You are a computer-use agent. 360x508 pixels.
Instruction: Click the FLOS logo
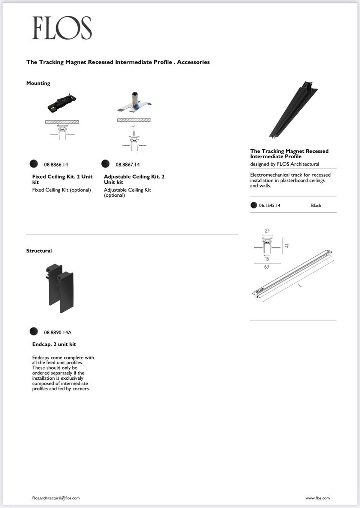coord(62,28)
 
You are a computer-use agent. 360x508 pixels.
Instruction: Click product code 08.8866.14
coord(56,165)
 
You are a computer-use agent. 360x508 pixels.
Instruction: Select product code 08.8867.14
coord(127,165)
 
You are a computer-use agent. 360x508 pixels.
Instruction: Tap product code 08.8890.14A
coord(57,332)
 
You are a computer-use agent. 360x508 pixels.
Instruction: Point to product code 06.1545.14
coord(270,206)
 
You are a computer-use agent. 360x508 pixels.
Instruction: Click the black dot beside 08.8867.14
coord(105,164)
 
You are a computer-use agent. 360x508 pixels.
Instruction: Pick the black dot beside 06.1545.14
coord(254,205)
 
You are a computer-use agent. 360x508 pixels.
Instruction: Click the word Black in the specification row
coord(316,206)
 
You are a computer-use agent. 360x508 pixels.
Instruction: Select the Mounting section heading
coord(38,83)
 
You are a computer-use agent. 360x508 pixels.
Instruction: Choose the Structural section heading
coord(39,251)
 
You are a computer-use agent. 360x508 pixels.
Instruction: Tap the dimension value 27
coord(267,231)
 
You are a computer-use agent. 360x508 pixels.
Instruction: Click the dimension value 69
coord(266,267)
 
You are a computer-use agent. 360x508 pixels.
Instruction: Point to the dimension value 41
coord(287,246)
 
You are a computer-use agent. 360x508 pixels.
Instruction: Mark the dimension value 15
coord(267,259)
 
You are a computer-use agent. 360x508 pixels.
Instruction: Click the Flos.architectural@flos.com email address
coord(56,498)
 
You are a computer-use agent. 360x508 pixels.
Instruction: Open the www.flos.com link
coord(318,498)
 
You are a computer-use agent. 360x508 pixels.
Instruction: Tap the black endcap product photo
coord(60,288)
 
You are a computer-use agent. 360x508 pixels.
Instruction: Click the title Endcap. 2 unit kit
coord(54,344)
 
